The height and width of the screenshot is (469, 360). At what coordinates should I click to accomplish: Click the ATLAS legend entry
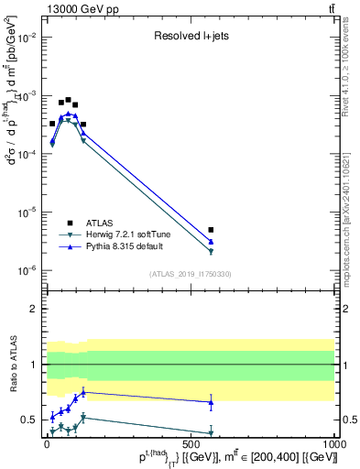pos(101,223)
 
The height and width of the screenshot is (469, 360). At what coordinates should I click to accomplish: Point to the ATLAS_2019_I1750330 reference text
pos(191,273)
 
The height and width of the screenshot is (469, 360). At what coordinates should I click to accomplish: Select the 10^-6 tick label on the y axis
pos(28,270)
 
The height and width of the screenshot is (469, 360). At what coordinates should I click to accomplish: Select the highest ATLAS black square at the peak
pos(68,100)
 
